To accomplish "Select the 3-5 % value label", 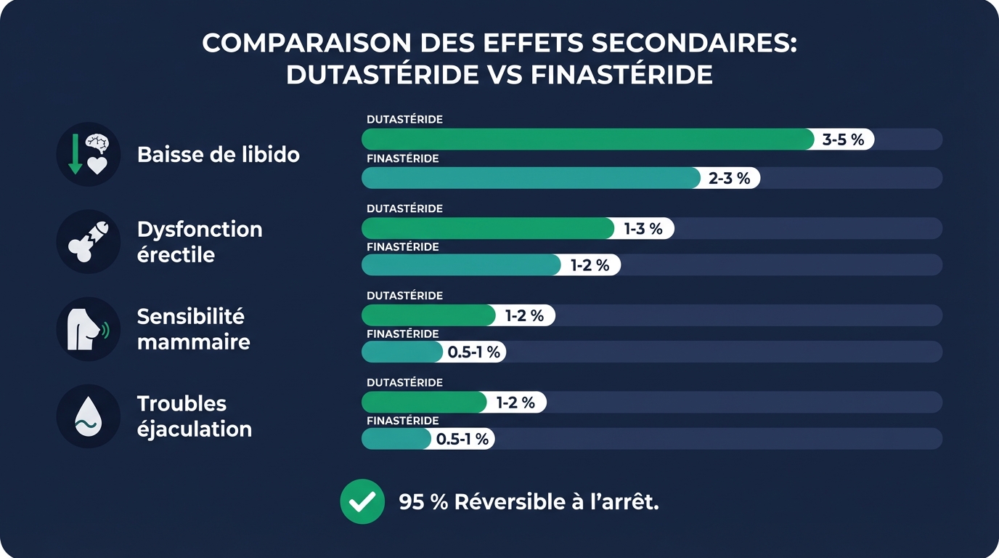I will coord(843,139).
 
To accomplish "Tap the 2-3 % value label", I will coord(729,178).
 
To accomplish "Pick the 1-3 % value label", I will coord(643,229).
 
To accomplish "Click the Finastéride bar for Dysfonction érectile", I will coord(460,265).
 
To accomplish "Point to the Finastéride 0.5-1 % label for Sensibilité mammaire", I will coord(473,352).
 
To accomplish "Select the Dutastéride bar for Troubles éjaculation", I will coord(423,402).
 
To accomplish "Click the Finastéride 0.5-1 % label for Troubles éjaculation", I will coord(462,439).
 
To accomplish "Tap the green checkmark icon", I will coord(362,501).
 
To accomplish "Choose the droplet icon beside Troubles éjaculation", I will coord(89,416).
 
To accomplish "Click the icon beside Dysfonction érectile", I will coord(89,242).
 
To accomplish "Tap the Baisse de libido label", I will coord(218,154).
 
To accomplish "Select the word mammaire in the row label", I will coord(193,341).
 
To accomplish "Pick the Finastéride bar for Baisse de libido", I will coord(530,178).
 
